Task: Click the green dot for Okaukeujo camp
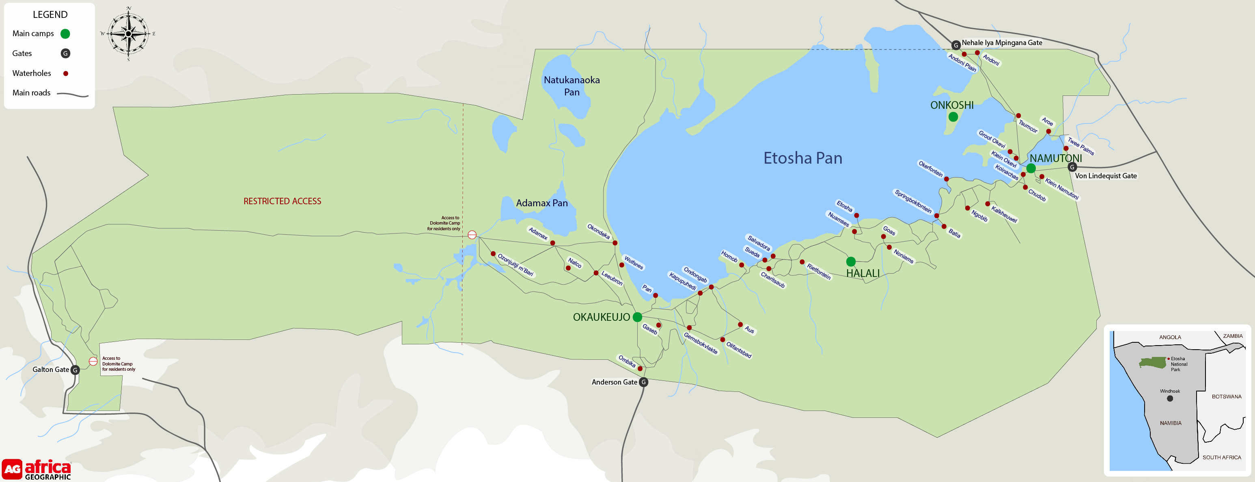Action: pyautogui.click(x=637, y=317)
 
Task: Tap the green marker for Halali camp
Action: pyautogui.click(x=851, y=262)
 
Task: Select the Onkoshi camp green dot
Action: pyautogui.click(x=953, y=117)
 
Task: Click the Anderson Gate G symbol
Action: pyautogui.click(x=644, y=382)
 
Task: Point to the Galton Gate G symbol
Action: pyautogui.click(x=75, y=370)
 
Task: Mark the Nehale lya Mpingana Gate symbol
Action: pyautogui.click(x=956, y=45)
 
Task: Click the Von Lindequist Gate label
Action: pyautogui.click(x=1106, y=176)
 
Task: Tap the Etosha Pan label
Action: pyautogui.click(x=802, y=158)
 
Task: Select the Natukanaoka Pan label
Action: pyautogui.click(x=571, y=86)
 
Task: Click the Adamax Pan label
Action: pyautogui.click(x=542, y=203)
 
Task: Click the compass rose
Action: pyautogui.click(x=128, y=34)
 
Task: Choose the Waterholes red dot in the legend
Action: pyautogui.click(x=66, y=73)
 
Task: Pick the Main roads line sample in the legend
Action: pyautogui.click(x=73, y=94)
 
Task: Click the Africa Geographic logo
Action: pyautogui.click(x=37, y=470)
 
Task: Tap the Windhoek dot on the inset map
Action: pyautogui.click(x=1170, y=399)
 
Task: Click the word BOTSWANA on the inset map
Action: pyautogui.click(x=1226, y=397)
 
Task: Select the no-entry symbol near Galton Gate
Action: pyautogui.click(x=93, y=361)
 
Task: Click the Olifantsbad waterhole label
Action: pyautogui.click(x=739, y=350)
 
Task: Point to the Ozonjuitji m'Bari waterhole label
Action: pyautogui.click(x=515, y=265)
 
